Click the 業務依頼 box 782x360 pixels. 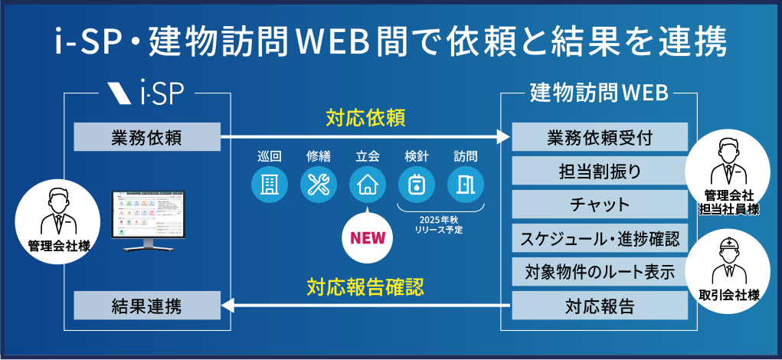click(x=146, y=138)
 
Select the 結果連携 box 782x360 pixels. click(x=146, y=307)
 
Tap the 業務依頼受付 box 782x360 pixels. click(x=600, y=138)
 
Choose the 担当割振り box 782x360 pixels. click(x=600, y=171)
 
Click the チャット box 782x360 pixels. click(x=600, y=205)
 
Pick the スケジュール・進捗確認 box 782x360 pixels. click(x=600, y=237)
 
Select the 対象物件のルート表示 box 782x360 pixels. click(x=600, y=272)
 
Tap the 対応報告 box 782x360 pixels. click(x=600, y=307)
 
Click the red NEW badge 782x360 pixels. click(x=367, y=238)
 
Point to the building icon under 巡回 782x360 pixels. click(x=270, y=185)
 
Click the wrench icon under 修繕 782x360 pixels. click(x=318, y=185)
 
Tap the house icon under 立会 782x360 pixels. click(x=367, y=185)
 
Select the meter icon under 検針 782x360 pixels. click(x=417, y=185)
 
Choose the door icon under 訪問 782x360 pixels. click(x=465, y=185)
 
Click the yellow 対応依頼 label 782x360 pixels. click(x=365, y=119)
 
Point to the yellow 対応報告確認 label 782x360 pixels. click(x=365, y=287)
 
